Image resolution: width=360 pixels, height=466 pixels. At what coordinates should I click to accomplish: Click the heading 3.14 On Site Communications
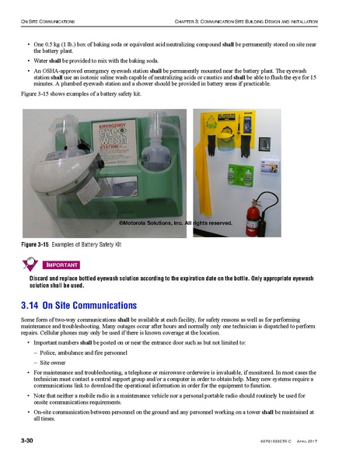coord(79,305)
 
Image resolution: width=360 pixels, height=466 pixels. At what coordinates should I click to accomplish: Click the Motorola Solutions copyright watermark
coord(176,223)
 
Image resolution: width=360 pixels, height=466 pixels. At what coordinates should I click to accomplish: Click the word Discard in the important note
coord(41,278)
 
